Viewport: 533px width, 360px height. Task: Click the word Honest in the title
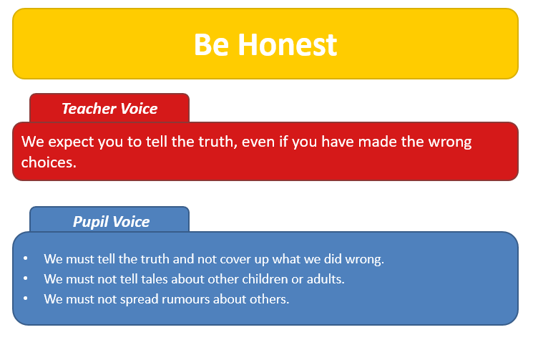tap(287, 44)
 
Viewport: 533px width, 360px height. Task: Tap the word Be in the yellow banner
tap(211, 44)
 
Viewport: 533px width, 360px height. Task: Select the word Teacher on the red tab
tap(89, 109)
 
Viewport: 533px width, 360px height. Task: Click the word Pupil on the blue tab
tap(89, 222)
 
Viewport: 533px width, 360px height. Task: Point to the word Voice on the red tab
tap(139, 109)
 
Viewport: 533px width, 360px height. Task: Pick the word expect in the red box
tap(71, 142)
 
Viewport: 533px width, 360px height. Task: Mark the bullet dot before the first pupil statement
tap(26, 258)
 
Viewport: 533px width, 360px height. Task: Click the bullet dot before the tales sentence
tap(26, 278)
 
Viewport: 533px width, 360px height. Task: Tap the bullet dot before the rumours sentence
tap(26, 298)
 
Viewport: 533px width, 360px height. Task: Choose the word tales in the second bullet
tap(155, 279)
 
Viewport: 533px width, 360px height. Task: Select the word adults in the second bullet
tap(326, 279)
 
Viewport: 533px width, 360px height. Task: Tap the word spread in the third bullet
tap(140, 300)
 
